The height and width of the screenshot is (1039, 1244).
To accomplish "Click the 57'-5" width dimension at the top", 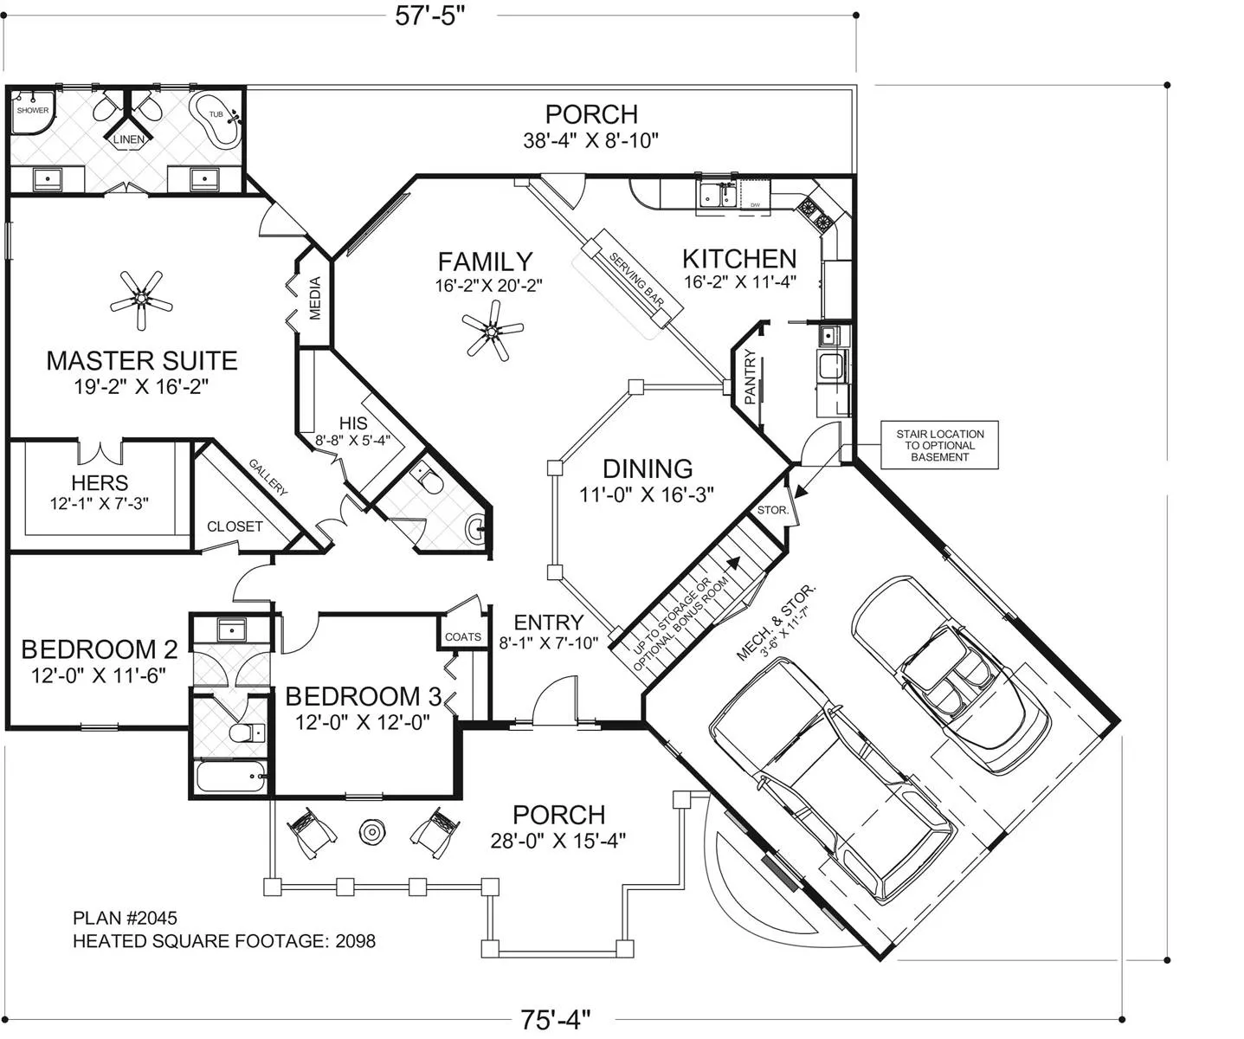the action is click(429, 16).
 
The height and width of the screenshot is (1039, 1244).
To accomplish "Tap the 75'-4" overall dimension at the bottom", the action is click(555, 1019).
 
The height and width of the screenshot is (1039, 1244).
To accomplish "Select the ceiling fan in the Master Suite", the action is click(141, 300).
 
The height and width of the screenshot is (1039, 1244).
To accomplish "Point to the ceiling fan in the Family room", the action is click(493, 330).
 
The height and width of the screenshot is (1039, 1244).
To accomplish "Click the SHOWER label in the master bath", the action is click(33, 110).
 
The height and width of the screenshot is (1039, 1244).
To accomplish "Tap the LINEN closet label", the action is click(129, 139).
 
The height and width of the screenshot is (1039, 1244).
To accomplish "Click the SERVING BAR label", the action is click(636, 280).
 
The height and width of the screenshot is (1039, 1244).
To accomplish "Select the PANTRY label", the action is click(750, 377).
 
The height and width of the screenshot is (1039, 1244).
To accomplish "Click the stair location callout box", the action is click(939, 445).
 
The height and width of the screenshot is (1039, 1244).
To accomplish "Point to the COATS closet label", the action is click(463, 636).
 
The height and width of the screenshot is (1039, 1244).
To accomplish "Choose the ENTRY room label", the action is click(549, 623).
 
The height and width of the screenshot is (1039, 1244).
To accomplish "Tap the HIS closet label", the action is click(353, 423).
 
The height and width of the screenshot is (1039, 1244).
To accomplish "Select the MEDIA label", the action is click(315, 298).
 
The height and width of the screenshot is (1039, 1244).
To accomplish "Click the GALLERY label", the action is click(268, 477).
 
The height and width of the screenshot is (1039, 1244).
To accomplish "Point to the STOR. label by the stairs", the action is click(773, 510).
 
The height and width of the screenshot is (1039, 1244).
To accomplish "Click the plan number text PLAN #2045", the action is click(126, 918).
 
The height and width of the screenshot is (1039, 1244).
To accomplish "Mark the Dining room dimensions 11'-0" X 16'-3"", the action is click(647, 494).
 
